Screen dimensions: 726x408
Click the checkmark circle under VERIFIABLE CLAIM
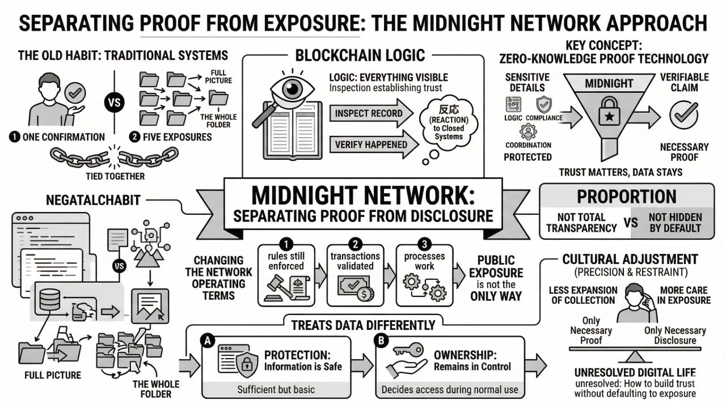(679, 114)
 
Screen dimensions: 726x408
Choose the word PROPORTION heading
(626, 196)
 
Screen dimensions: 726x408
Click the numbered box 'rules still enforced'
(287, 274)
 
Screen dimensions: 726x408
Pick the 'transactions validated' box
(355, 274)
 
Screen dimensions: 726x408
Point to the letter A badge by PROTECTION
(208, 341)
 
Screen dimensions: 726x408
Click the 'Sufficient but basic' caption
(275, 389)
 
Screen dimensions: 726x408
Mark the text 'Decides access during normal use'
(449, 389)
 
